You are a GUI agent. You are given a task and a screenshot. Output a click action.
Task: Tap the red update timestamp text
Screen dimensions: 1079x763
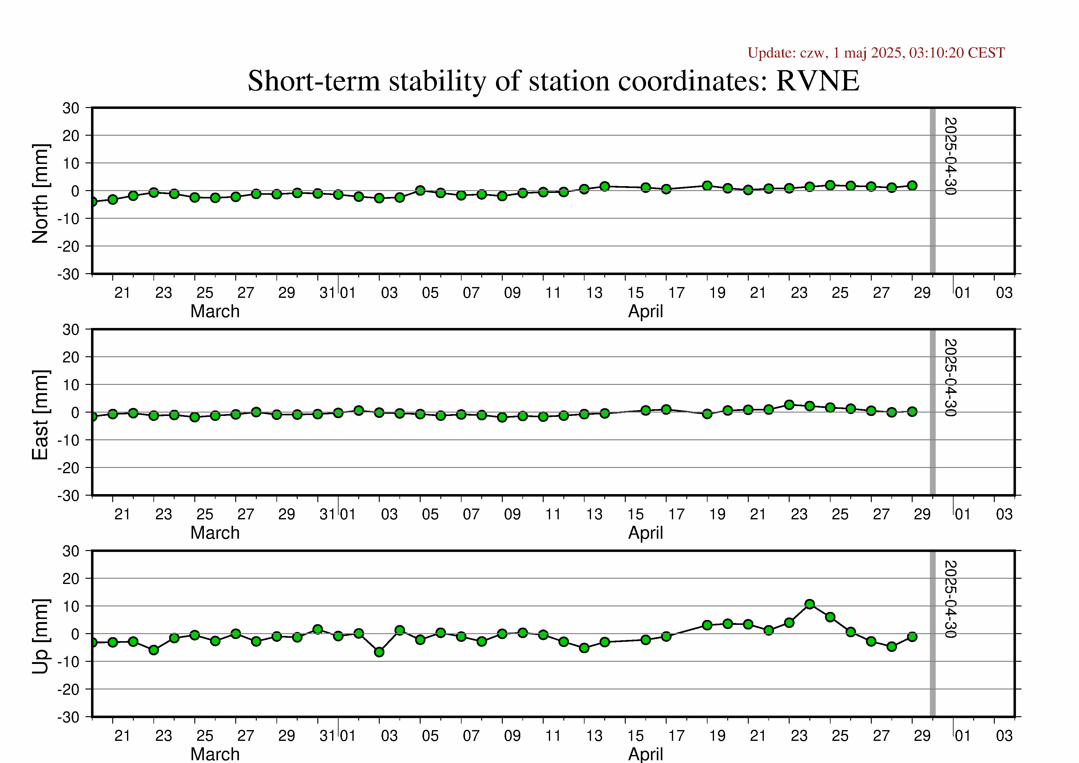pyautogui.click(x=876, y=53)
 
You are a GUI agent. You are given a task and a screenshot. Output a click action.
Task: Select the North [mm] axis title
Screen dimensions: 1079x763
pyautogui.click(x=40, y=194)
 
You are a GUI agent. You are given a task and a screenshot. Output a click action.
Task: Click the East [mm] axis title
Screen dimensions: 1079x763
pyautogui.click(x=40, y=415)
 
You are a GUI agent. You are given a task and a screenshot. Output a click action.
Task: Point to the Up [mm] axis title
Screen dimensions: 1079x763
pyautogui.click(x=40, y=636)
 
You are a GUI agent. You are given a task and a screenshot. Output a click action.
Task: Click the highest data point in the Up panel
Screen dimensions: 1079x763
pyautogui.click(x=810, y=604)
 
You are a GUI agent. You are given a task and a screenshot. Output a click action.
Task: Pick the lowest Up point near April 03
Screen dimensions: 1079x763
pyautogui.click(x=379, y=652)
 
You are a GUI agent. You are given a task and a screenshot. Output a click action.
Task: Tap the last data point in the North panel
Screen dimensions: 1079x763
pyautogui.click(x=912, y=186)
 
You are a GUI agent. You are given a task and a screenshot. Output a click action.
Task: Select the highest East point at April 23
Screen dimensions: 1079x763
pyautogui.click(x=790, y=405)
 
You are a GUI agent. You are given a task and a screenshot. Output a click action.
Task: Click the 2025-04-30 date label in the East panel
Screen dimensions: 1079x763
pyautogui.click(x=950, y=378)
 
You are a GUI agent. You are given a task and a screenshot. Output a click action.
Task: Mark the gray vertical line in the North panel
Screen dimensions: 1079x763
pyautogui.click(x=933, y=190)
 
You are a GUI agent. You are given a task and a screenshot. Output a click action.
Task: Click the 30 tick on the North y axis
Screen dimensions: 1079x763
pyautogui.click(x=71, y=108)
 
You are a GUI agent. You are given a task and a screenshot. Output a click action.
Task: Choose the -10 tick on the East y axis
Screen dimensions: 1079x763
pyautogui.click(x=69, y=440)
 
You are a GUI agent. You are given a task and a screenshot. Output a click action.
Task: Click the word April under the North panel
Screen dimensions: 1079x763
pyautogui.click(x=646, y=312)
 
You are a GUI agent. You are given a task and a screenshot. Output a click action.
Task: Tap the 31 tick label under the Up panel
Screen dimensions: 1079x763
pyautogui.click(x=327, y=736)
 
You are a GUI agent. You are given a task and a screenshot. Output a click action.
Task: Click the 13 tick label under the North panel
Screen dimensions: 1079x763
pyautogui.click(x=594, y=293)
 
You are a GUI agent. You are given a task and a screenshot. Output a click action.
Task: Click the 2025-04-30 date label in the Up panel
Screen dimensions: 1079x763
pyautogui.click(x=950, y=599)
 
